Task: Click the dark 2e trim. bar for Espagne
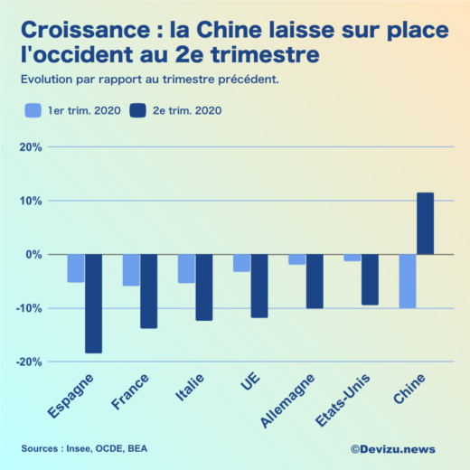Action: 93,304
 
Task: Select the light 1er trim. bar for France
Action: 131,270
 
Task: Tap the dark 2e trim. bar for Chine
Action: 425,224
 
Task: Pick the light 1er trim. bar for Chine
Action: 408,281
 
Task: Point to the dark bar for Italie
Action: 203,287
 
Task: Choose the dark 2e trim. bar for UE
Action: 259,286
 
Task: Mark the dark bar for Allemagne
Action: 314,281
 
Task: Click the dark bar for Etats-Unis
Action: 370,279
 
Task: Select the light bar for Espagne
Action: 76,268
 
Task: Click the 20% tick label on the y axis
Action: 30,147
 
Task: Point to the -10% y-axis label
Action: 28,308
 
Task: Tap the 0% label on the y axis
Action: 33,255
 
